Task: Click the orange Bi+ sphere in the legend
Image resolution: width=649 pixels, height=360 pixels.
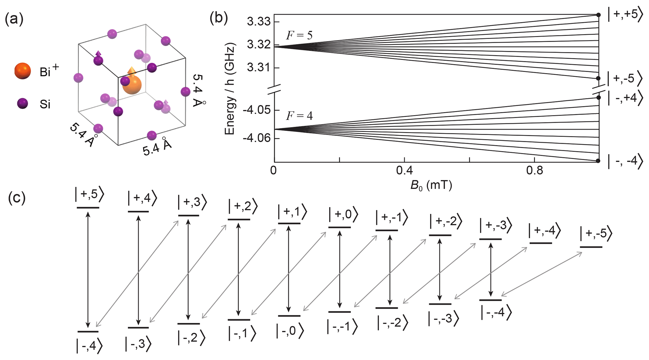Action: click(x=23, y=71)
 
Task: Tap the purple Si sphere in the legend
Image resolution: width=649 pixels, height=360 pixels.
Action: click(x=22, y=103)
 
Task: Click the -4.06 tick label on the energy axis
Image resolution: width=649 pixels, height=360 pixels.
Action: click(x=256, y=138)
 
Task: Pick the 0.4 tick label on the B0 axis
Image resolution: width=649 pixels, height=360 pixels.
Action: click(x=404, y=170)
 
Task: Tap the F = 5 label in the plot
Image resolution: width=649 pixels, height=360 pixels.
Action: click(x=299, y=35)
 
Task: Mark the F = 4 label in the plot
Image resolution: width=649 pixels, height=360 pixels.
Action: click(x=299, y=116)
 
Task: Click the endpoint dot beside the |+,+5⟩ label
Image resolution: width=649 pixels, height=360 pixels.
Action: click(x=598, y=15)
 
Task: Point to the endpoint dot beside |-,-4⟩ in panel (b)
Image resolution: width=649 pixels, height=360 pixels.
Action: click(x=598, y=161)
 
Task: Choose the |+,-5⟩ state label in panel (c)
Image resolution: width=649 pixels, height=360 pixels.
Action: click(x=596, y=234)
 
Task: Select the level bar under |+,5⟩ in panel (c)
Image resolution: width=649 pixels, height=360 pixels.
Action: click(x=88, y=207)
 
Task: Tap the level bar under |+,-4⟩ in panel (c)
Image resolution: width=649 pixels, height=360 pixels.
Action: click(x=540, y=243)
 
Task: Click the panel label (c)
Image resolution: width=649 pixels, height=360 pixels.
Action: click(x=17, y=198)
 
